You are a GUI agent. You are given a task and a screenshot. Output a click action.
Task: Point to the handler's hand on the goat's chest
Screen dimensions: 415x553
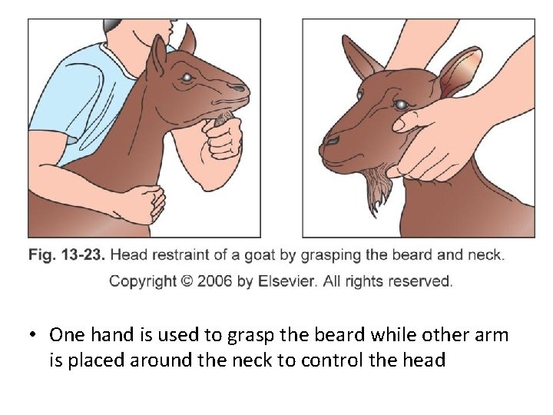(x=147, y=204)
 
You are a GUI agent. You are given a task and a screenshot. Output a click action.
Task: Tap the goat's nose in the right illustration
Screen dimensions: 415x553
(x=331, y=141)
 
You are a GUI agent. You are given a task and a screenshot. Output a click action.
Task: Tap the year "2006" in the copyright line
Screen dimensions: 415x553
(x=214, y=281)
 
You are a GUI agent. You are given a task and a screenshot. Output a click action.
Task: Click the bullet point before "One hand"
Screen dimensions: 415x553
(x=33, y=335)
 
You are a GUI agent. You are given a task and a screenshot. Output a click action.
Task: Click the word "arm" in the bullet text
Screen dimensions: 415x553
(x=492, y=336)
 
